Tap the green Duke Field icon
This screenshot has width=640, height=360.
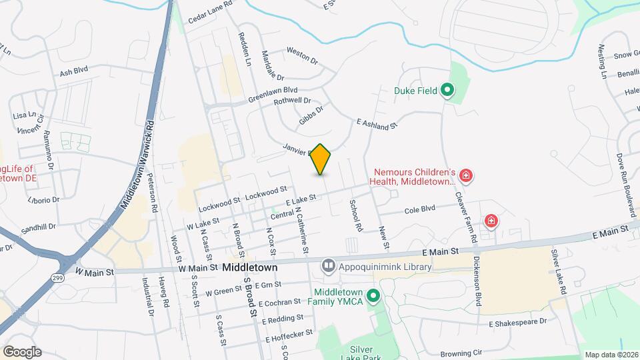pyautogui.click(x=449, y=90)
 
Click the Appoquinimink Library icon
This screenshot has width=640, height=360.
pyautogui.click(x=328, y=266)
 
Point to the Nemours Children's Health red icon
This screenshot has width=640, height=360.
pyautogui.click(x=466, y=177)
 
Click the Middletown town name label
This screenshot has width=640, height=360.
pyautogui.click(x=249, y=267)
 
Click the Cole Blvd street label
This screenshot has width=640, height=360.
pyautogui.click(x=420, y=210)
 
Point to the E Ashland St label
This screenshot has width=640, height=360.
pyautogui.click(x=377, y=124)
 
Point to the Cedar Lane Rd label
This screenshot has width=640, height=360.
pyautogui.click(x=209, y=4)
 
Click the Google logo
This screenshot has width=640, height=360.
pyautogui.click(x=22, y=352)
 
